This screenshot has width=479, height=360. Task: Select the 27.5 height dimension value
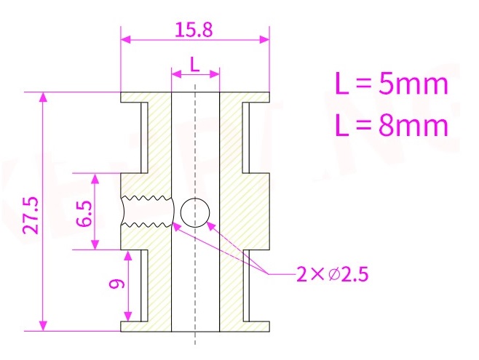point(30,212)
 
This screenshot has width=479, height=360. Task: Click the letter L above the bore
point(194,64)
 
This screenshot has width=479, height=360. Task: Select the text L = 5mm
point(391,84)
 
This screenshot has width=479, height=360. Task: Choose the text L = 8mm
point(391,126)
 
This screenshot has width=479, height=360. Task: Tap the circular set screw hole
point(195,212)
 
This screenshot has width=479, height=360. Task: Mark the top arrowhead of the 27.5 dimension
point(44,97)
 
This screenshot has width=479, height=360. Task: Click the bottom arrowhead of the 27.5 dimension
point(44,325)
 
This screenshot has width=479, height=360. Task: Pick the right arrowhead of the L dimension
point(215,73)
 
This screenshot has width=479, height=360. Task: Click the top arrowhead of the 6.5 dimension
point(95,177)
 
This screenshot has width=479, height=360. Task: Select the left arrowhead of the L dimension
point(175,73)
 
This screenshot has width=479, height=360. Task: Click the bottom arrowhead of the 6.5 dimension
point(95,245)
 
